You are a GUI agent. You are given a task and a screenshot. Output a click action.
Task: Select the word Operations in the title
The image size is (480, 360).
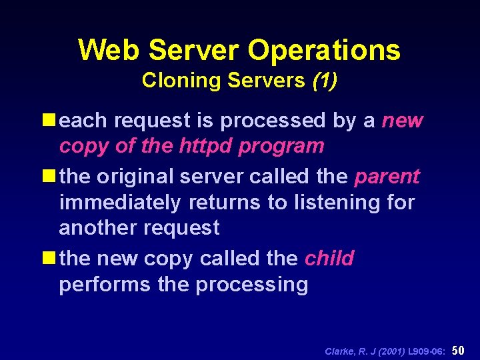tap(324, 51)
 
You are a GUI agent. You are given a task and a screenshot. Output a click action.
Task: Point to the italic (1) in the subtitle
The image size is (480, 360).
tap(325, 81)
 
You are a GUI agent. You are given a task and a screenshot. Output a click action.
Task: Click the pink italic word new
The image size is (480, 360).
tap(402, 121)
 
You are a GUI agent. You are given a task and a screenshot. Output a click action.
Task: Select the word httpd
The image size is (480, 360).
tap(206, 146)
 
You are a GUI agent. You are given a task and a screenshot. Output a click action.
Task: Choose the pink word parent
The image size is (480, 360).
tap(387, 177)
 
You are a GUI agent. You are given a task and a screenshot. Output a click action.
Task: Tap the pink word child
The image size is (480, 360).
tap(329, 258)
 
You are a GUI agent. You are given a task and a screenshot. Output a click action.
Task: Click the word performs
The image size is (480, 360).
tap(105, 285)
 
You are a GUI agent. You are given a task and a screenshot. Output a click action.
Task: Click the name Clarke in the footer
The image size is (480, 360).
tap(339, 351)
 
